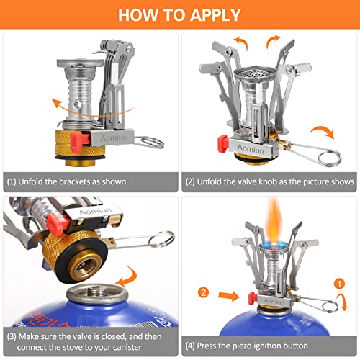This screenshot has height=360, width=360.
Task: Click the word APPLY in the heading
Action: pos(215,15)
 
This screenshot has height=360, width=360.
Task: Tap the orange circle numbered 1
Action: pos(339,284)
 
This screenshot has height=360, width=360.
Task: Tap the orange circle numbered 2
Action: pos(203,292)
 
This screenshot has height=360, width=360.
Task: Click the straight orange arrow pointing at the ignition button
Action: pos(228,296)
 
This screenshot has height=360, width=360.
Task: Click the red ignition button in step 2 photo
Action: pos(222,144)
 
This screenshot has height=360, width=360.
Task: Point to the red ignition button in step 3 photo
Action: pos(57,224)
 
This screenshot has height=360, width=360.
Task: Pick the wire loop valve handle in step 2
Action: pos(315,153)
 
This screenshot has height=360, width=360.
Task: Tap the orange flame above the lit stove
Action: pos(274,221)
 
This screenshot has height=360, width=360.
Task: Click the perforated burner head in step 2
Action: pos(255,73)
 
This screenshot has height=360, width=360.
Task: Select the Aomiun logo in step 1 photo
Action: pos(114,138)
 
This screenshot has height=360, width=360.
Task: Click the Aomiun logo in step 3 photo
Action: pos(95,211)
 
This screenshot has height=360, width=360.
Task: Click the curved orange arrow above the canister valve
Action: pos(128,277)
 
